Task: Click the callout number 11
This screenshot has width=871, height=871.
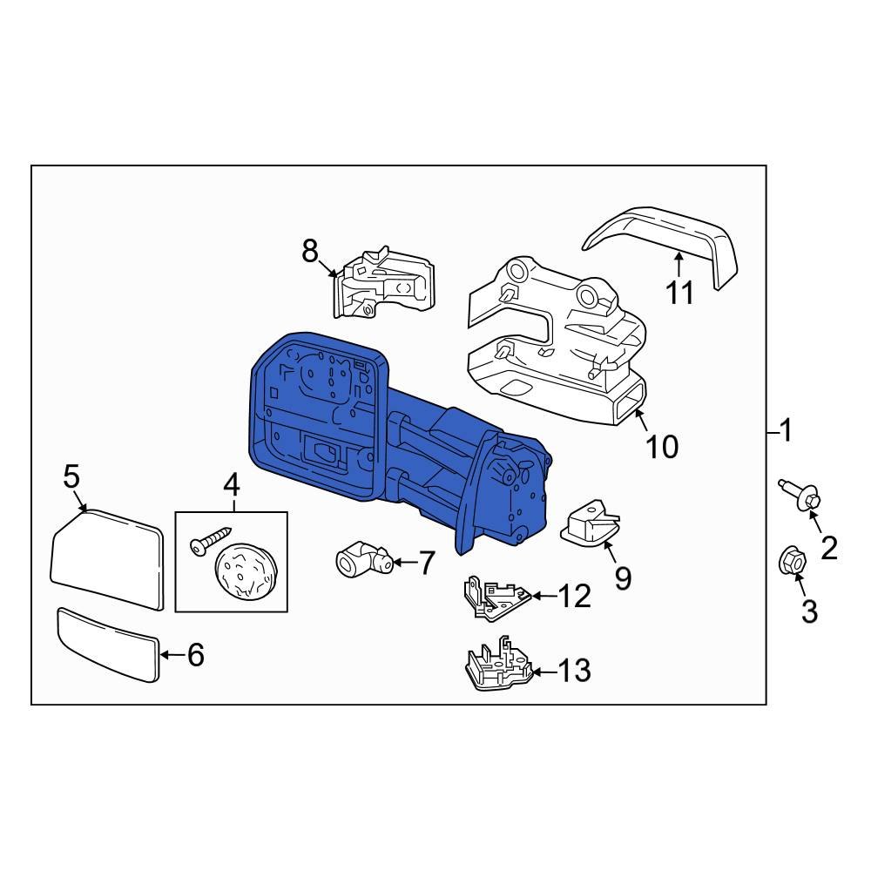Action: (x=680, y=292)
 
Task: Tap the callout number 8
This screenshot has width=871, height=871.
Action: (x=310, y=251)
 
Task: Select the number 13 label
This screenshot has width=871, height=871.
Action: (x=574, y=671)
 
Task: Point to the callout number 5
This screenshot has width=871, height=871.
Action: (x=71, y=476)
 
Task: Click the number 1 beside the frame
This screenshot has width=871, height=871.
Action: (x=786, y=431)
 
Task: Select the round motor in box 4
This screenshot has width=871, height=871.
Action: (x=245, y=572)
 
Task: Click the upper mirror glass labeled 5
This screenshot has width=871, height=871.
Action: (x=106, y=560)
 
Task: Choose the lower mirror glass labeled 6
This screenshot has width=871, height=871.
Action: (x=108, y=645)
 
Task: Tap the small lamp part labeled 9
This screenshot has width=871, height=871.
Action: (x=590, y=522)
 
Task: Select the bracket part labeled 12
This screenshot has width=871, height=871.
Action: (x=497, y=598)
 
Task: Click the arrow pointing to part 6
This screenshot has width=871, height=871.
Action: (x=172, y=655)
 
